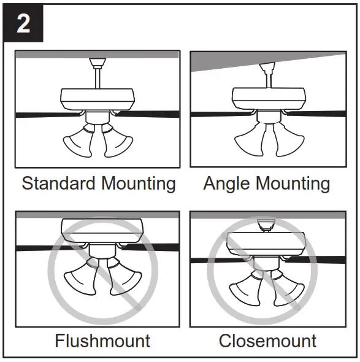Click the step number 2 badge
coord(23,23)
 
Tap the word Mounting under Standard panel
coord(139,183)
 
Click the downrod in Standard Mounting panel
coord(98,78)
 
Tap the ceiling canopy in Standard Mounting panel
coord(98,62)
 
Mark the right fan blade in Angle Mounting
coord(322,114)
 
